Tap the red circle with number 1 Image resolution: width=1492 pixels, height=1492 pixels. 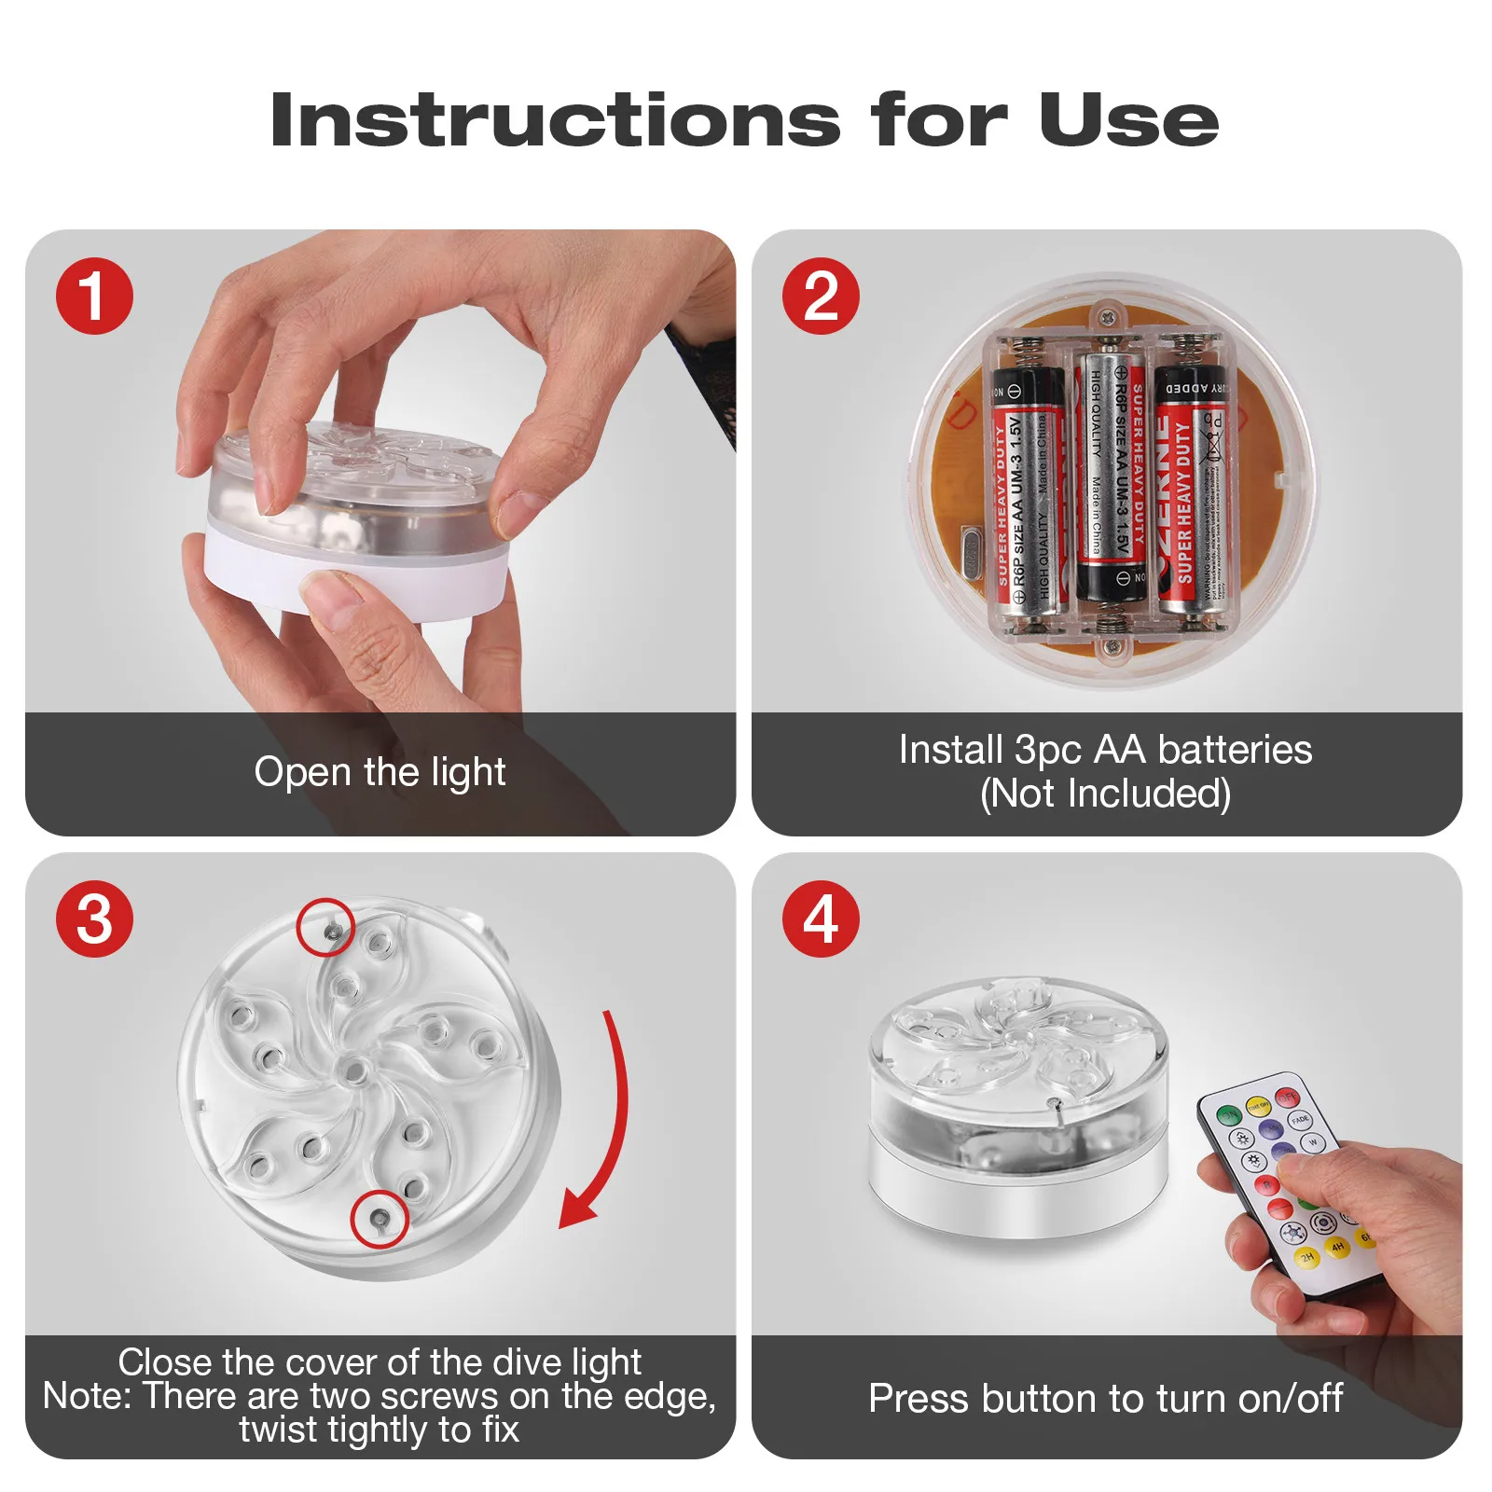tap(94, 297)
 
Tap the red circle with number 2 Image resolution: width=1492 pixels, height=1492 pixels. tap(820, 297)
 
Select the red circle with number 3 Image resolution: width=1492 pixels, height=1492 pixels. tap(94, 919)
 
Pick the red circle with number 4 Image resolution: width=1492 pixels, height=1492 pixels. tap(820, 919)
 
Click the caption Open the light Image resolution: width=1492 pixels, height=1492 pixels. tap(380, 772)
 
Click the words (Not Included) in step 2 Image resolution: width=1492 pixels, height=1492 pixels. tap(1105, 794)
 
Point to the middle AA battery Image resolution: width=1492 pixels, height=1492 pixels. tap(1110, 476)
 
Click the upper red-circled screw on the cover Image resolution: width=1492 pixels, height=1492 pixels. tap(329, 930)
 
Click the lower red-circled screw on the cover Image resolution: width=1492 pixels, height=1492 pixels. tap(379, 1217)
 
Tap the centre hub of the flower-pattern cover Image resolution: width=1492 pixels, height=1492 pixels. tap(353, 1071)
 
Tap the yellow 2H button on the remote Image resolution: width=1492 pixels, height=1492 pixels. tap(1307, 1256)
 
